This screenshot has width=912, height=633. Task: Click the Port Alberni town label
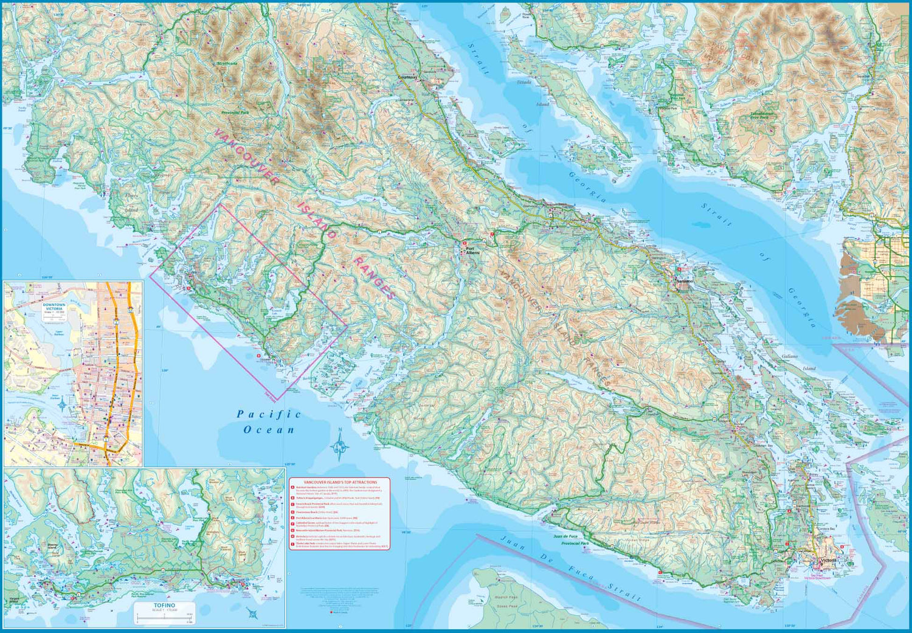coord(472,251)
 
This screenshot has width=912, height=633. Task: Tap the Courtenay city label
coord(408,78)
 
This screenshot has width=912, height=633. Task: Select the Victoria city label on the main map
coord(828,560)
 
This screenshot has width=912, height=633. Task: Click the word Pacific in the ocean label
coord(269,414)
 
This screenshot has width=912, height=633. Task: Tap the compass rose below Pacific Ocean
coord(340,446)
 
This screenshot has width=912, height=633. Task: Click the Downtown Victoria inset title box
coord(54,307)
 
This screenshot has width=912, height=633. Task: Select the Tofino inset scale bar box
coord(164,612)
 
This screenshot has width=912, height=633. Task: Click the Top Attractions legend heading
coord(340,482)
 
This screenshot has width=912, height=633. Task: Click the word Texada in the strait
coord(523,83)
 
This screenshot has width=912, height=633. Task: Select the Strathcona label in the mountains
coord(227,63)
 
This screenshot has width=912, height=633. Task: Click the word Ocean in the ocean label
coord(269,430)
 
